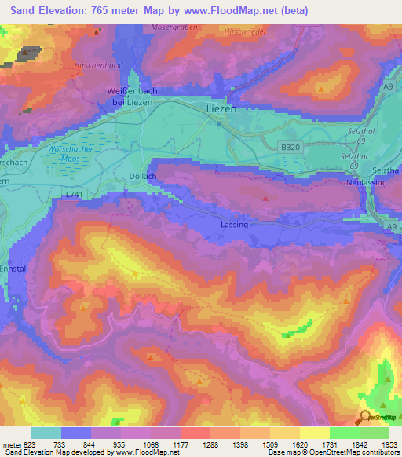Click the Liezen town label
tap(221, 109)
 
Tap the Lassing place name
tap(235, 225)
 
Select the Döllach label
tap(142, 177)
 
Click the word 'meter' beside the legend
tap(11, 444)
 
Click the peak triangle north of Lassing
tap(265, 198)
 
